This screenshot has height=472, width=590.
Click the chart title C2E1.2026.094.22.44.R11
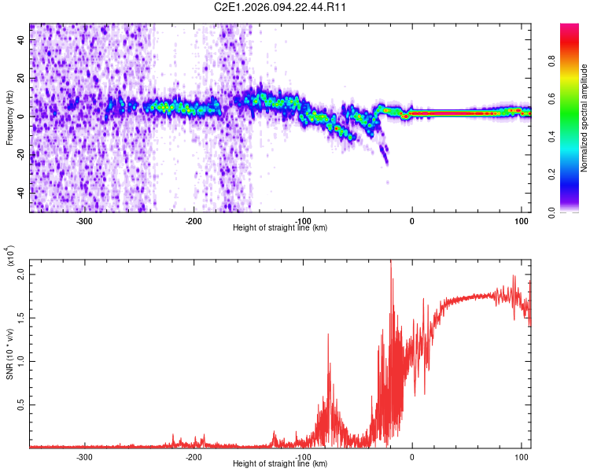(x=281, y=8)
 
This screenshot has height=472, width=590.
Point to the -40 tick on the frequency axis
(x=20, y=193)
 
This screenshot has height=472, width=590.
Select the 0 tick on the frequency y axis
(x=24, y=116)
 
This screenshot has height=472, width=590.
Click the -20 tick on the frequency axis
(x=20, y=154)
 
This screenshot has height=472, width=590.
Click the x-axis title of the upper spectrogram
(x=281, y=228)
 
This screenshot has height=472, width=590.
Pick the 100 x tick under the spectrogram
(x=520, y=221)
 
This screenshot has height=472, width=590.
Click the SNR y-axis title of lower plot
(x=9, y=354)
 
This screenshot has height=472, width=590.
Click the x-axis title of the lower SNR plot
(x=281, y=464)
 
